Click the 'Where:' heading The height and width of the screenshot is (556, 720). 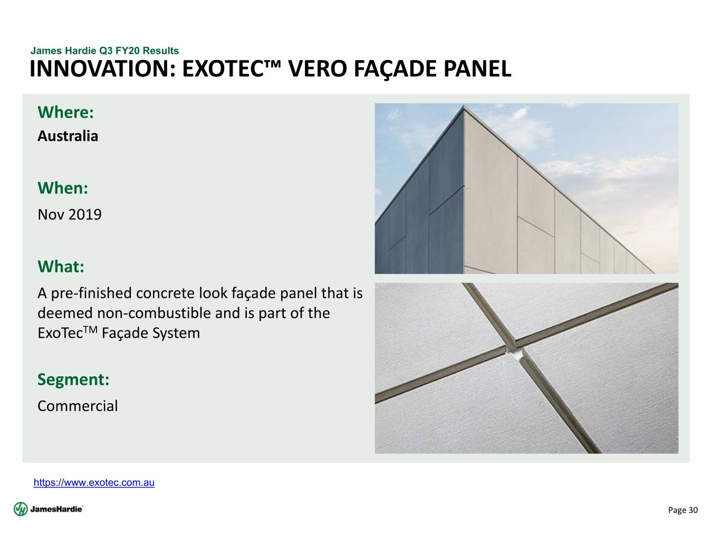65,112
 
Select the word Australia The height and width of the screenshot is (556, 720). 68,136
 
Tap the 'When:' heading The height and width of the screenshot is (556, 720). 63,188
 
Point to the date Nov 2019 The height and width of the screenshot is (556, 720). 70,214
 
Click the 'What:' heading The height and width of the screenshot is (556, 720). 61,267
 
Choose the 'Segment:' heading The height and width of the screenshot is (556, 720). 73,379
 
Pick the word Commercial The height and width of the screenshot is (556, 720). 78,406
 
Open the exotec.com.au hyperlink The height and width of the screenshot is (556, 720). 94,483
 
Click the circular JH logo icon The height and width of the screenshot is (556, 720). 21,509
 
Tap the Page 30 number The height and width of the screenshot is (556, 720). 683,510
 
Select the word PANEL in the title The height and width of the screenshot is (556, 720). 477,69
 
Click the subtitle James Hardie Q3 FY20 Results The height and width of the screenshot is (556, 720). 104,51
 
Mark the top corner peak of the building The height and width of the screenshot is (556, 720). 464,105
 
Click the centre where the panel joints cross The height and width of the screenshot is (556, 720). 515,352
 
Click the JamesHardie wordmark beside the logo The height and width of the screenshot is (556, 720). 56,509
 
